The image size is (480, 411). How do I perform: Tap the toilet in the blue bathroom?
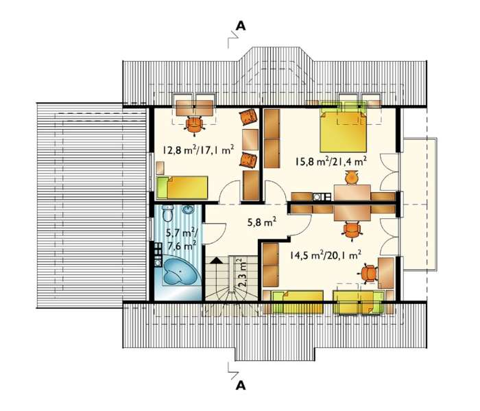pyautogui.click(x=167, y=213)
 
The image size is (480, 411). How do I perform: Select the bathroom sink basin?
pyautogui.click(x=188, y=209)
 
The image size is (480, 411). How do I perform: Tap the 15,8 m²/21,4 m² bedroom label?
pyautogui.click(x=331, y=161)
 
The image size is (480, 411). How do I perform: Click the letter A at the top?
pyautogui.click(x=241, y=26)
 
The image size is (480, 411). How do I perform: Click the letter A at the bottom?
pyautogui.click(x=241, y=386)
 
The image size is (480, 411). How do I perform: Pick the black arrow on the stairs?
pyautogui.click(x=217, y=261)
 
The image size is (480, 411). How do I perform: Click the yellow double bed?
pyautogui.click(x=343, y=131)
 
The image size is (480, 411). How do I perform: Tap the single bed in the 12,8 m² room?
pyautogui.click(x=182, y=187)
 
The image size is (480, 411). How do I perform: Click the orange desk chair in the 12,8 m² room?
pyautogui.click(x=194, y=125)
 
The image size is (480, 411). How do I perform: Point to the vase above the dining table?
pyautogui.click(x=351, y=178)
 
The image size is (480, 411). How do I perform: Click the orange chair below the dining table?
pyautogui.click(x=352, y=231)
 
